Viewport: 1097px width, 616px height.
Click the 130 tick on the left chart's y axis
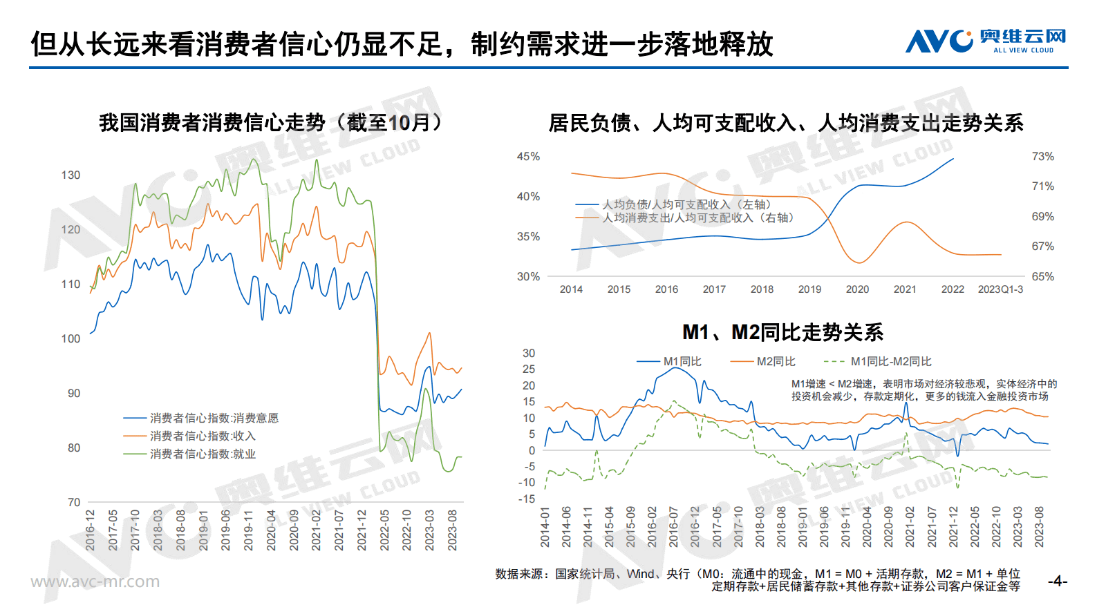pyautogui.click(x=71, y=175)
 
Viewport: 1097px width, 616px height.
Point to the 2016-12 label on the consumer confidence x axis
pyautogui.click(x=91, y=530)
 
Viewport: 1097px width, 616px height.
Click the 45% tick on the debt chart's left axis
pyautogui.click(x=528, y=157)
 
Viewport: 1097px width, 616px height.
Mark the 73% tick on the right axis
pyautogui.click(x=1042, y=157)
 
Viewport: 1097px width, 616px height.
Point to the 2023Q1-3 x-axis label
pyautogui.click(x=1000, y=289)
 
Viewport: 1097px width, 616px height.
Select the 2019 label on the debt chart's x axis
pyautogui.click(x=809, y=289)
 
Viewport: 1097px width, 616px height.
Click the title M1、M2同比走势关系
pyautogui.click(x=782, y=332)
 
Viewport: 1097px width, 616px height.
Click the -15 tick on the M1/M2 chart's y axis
pyautogui.click(x=527, y=499)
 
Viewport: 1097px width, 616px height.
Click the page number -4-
pyautogui.click(x=1057, y=581)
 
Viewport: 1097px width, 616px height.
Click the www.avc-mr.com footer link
pyautogui.click(x=95, y=581)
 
